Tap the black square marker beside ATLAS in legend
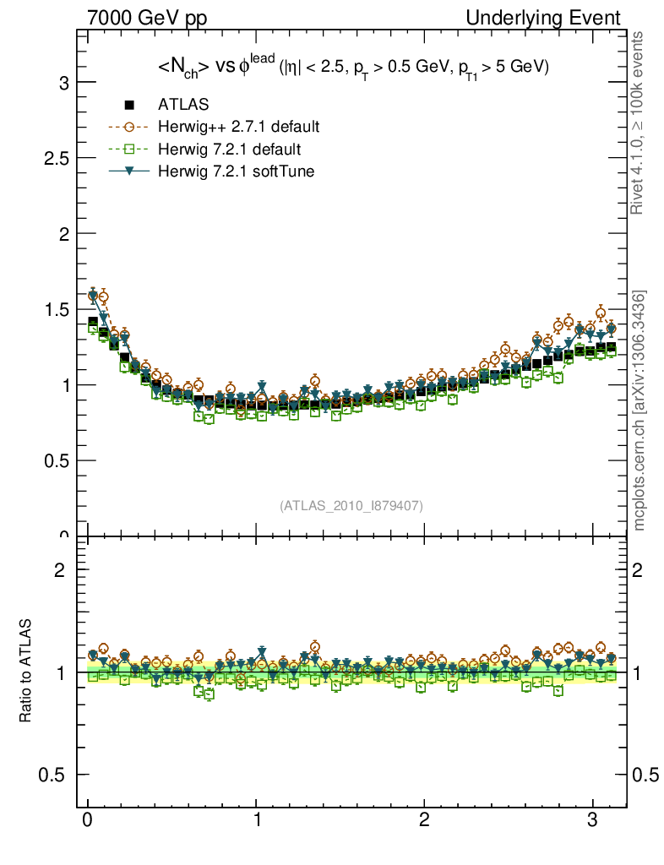point(129,106)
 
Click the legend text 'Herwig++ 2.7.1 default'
point(238,128)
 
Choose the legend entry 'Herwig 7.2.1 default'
point(230,150)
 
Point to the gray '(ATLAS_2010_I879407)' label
point(351,505)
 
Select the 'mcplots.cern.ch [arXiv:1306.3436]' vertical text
point(640,411)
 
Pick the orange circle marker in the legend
point(129,128)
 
